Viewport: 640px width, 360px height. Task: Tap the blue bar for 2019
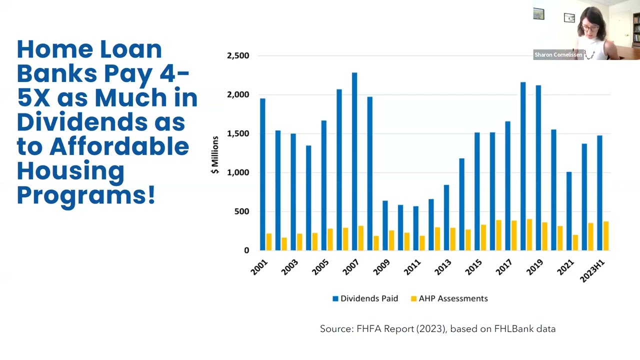[x=538, y=167]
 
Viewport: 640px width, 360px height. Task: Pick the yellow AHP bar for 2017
[x=514, y=235]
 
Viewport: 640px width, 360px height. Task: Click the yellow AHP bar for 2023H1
[x=606, y=235]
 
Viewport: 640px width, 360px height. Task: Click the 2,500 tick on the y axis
[x=238, y=55]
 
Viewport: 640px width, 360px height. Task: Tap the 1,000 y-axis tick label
[x=238, y=172]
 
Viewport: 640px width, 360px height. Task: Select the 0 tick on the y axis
[x=246, y=250]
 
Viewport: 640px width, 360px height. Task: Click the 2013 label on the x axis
[x=443, y=267]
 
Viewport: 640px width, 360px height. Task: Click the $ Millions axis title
[x=215, y=155]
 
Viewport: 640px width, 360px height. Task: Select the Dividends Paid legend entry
[x=365, y=298]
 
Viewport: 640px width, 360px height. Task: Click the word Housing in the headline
[x=70, y=171]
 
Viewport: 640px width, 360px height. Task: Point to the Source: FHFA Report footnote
[x=437, y=328]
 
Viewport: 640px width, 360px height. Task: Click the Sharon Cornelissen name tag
[x=558, y=55]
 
